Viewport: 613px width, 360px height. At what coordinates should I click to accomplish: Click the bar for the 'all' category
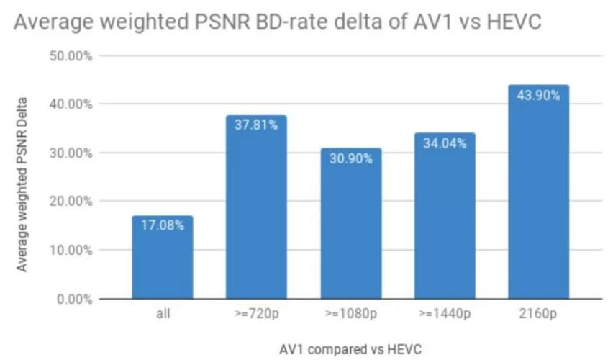163,259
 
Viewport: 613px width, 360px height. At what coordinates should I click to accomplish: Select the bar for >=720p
256,209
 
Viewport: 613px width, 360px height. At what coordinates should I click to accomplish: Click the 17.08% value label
163,225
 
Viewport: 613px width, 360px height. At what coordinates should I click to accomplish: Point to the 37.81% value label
256,125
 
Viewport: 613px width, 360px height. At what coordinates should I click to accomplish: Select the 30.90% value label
350,158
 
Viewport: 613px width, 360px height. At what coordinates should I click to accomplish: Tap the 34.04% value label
445,143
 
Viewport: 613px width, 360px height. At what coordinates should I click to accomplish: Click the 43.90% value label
538,95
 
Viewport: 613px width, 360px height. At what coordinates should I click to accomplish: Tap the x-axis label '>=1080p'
350,315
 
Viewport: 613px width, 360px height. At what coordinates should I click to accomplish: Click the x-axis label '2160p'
538,315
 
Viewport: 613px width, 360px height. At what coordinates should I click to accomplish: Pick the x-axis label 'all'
163,315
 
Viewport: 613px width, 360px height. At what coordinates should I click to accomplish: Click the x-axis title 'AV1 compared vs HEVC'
350,349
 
